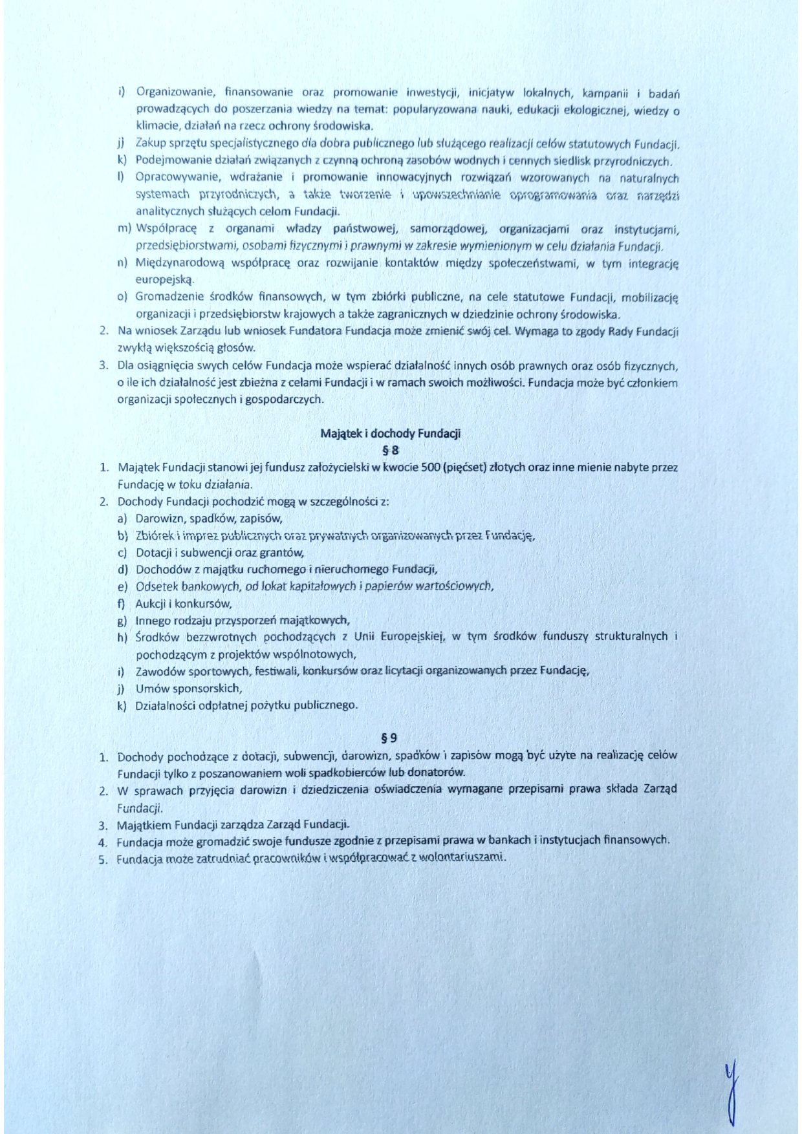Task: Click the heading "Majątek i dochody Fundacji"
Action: [x=390, y=433]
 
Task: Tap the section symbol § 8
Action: [x=391, y=450]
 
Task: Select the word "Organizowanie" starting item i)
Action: [x=171, y=92]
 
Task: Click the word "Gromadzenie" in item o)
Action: [x=165, y=297]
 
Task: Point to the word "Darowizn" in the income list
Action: [x=157, y=518]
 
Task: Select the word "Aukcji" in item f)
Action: [x=149, y=603]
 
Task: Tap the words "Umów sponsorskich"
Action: [x=188, y=688]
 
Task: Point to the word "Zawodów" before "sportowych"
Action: [x=158, y=670]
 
